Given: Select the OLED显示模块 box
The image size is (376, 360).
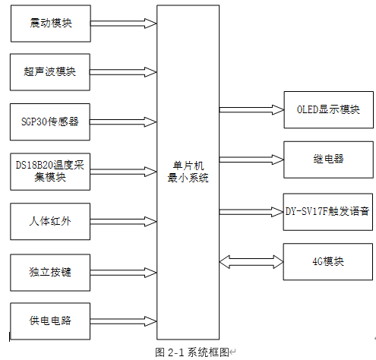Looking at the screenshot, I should (x=328, y=109).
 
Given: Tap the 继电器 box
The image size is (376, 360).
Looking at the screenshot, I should (x=328, y=159).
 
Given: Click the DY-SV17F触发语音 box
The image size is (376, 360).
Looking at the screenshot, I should (x=328, y=210).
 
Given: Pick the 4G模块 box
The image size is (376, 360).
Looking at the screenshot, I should (x=328, y=261).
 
